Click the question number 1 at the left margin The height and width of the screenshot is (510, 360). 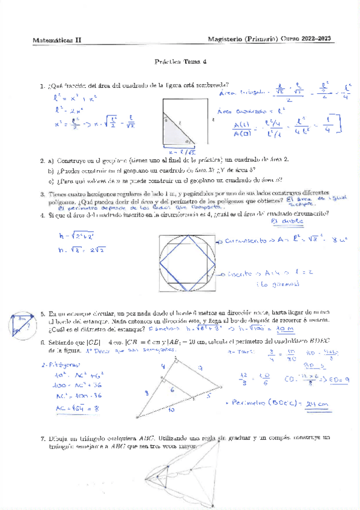tap(41, 85)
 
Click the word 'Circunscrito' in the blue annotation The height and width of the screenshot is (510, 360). tap(244, 240)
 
